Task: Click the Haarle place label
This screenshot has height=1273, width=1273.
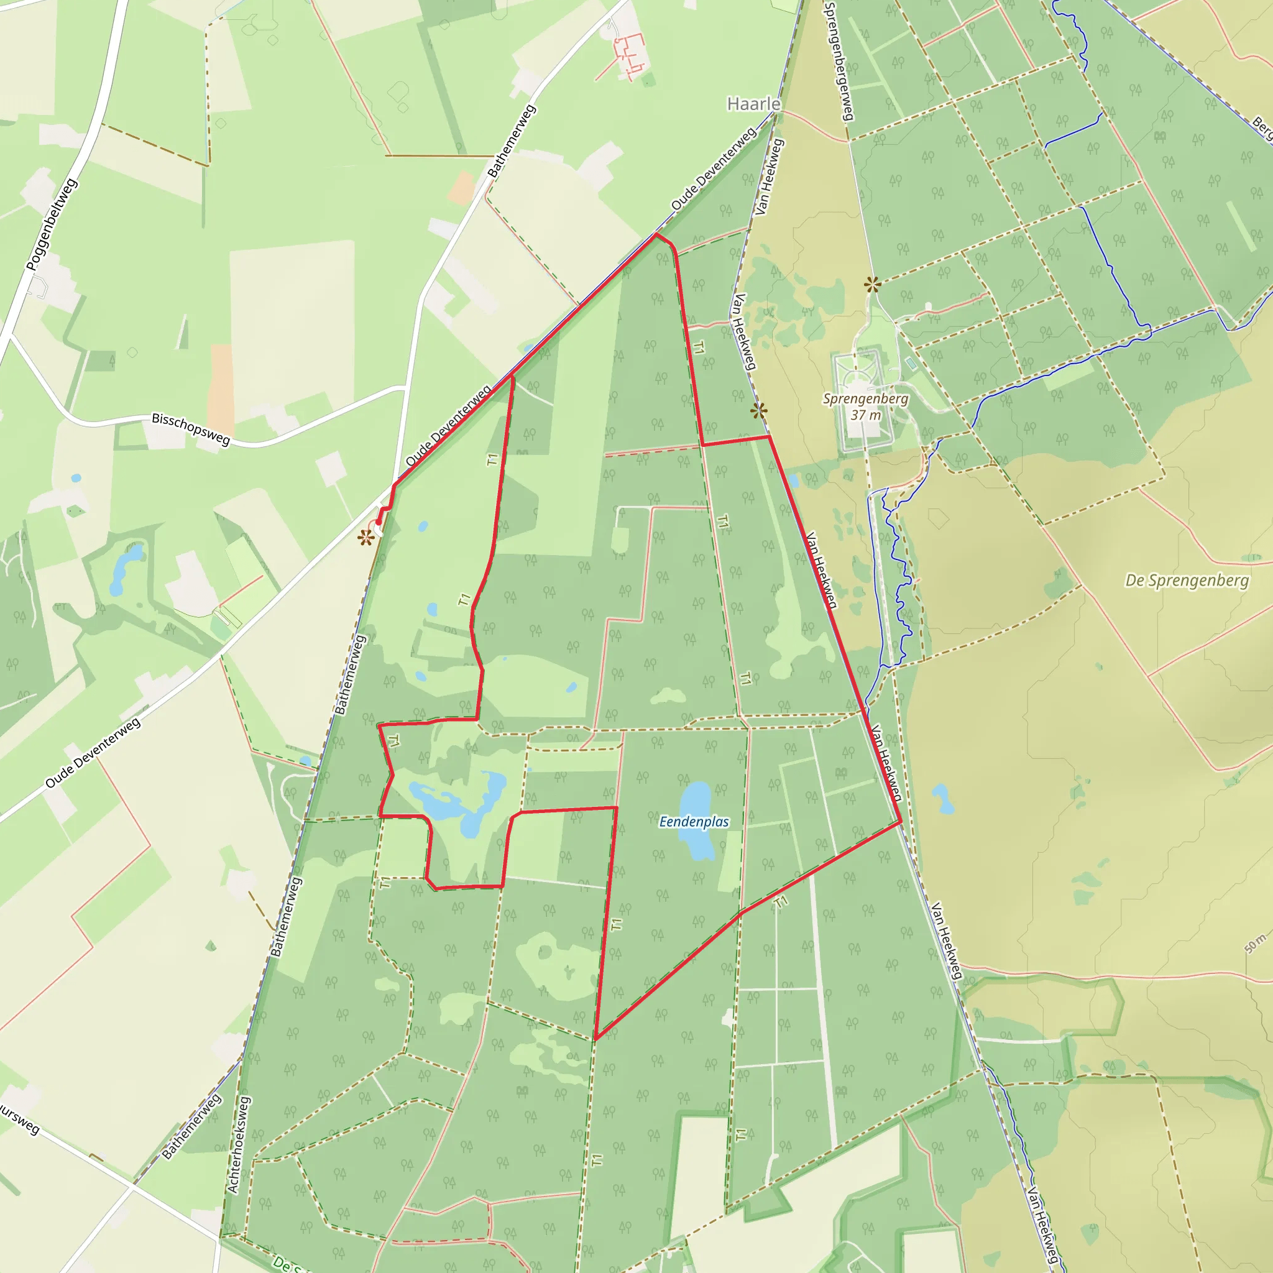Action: (754, 104)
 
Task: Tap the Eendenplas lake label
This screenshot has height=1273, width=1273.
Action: (694, 822)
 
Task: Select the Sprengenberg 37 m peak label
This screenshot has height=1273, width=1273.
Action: (865, 407)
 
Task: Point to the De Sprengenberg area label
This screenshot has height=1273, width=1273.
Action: (1187, 581)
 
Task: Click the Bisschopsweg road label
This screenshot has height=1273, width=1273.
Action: (191, 429)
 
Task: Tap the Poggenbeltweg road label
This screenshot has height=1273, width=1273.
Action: (52, 224)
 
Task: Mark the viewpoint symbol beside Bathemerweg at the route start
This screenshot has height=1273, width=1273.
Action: (365, 538)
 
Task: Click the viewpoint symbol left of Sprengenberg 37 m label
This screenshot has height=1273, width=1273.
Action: (758, 411)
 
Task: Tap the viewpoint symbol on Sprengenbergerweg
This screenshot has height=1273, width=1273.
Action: (872, 285)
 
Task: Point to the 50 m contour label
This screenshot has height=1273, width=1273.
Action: (1255, 944)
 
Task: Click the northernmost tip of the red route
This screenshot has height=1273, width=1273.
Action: (656, 234)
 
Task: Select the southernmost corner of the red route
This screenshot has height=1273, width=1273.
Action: (595, 1039)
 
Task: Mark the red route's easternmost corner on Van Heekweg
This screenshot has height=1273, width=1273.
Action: (900, 822)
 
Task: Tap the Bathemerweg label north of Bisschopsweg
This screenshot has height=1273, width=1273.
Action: (512, 140)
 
